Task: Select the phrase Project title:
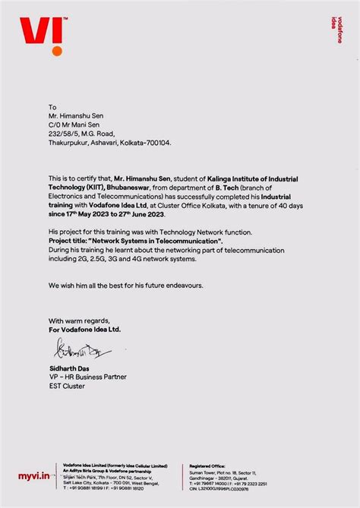tap(73, 241)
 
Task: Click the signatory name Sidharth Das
tap(71, 368)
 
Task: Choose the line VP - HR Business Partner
tap(87, 377)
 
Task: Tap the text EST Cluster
tap(67, 386)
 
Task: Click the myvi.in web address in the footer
tap(33, 475)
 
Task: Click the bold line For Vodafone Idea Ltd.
tap(84, 330)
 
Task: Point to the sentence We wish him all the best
tap(125, 285)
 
